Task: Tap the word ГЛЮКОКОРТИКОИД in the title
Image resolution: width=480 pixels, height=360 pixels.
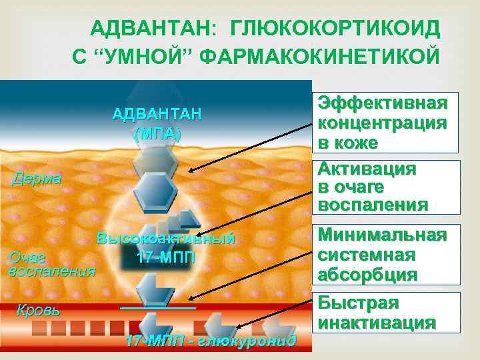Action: pyautogui.click(x=335, y=29)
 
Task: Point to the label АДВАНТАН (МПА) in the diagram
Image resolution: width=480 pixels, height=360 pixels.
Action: pyautogui.click(x=156, y=123)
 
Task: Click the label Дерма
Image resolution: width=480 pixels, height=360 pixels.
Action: pyautogui.click(x=37, y=179)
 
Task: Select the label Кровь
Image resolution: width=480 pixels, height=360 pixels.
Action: pyautogui.click(x=38, y=310)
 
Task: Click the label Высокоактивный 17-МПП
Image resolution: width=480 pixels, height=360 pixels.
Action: pyautogui.click(x=165, y=248)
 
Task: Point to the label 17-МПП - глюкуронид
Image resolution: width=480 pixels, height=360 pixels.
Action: pyautogui.click(x=210, y=341)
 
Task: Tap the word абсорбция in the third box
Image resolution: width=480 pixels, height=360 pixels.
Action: pyautogui.click(x=367, y=274)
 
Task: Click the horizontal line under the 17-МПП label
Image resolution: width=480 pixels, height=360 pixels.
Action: pyautogui.click(x=158, y=307)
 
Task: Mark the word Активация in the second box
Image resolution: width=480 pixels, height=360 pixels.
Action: pyautogui.click(x=367, y=168)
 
